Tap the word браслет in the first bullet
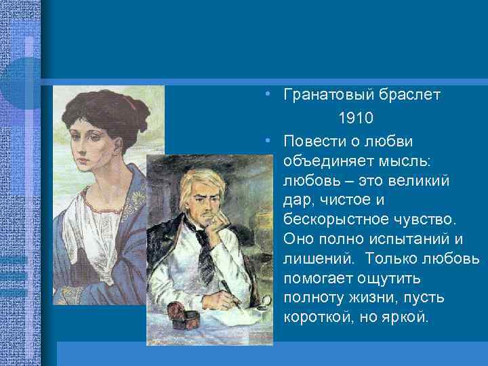coord(409,95)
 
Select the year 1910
coord(357,118)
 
